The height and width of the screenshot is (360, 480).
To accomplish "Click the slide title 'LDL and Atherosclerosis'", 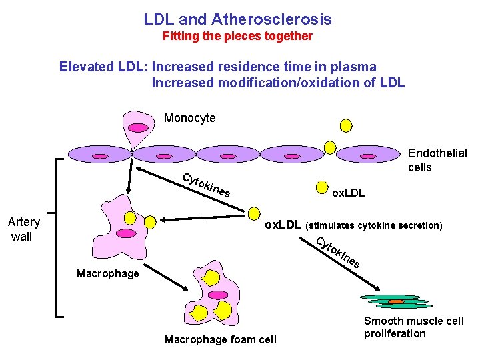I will tap(237, 19).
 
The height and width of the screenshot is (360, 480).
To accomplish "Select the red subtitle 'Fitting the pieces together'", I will tap(237, 36).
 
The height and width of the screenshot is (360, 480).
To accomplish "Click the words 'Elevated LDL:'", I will tap(103, 67).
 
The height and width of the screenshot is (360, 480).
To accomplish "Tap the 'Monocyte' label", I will tap(189, 118).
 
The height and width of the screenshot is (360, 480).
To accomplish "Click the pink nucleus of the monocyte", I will tap(138, 127).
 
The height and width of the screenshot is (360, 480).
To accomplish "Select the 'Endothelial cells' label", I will tap(437, 160).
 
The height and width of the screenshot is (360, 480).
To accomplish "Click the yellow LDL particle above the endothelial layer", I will tap(346, 124).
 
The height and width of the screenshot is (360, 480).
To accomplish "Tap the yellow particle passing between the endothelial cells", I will tap(330, 147).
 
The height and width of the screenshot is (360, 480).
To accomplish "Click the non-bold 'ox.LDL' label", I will tap(349, 193).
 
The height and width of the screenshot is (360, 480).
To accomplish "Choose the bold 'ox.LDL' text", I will tap(283, 225).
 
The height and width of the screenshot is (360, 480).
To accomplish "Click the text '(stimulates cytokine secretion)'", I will tap(374, 225).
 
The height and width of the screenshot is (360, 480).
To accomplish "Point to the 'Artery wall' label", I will tap(23, 229).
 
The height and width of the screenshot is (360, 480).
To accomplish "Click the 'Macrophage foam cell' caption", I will tap(220, 340).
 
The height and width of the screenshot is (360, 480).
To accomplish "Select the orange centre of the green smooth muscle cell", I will tap(396, 301).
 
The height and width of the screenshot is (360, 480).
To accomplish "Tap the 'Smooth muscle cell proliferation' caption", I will tap(413, 327).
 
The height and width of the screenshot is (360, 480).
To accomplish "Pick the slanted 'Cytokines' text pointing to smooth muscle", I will tap(338, 253).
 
